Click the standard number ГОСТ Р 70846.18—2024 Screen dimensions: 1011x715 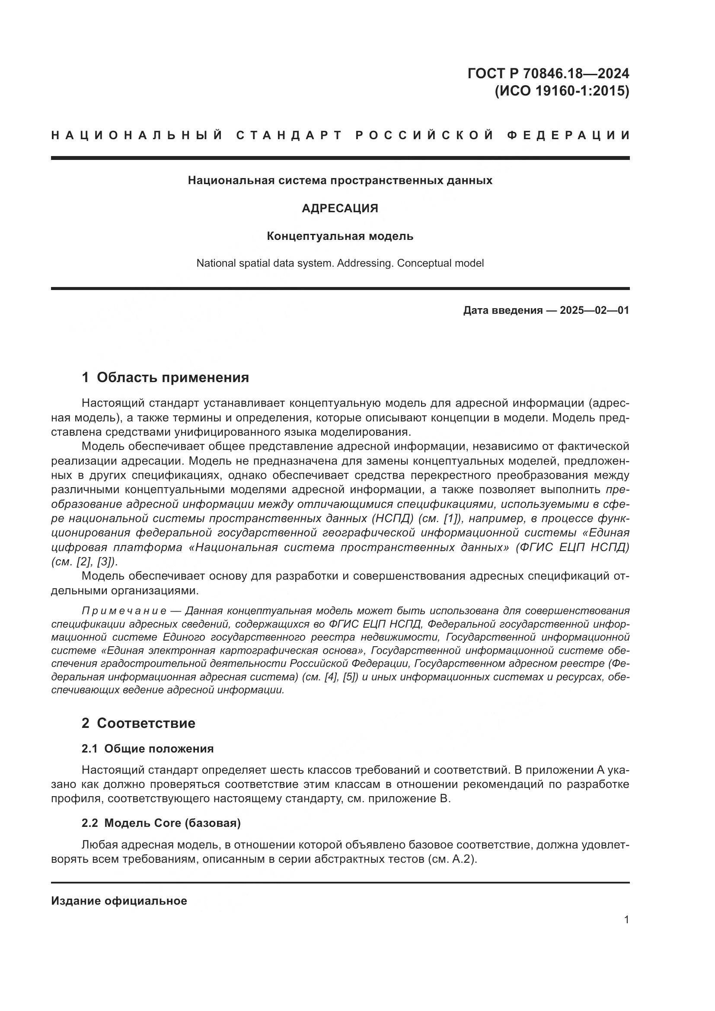tap(548, 73)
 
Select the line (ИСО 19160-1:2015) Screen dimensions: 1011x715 tap(562, 91)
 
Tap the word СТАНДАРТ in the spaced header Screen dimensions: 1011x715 tap(289, 135)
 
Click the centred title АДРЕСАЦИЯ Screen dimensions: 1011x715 tap(340, 208)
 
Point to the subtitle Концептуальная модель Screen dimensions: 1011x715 tap(340, 236)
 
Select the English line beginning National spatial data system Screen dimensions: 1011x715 tap(340, 263)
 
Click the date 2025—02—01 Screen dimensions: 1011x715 tap(594, 310)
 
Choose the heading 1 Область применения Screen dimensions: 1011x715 tap(165, 377)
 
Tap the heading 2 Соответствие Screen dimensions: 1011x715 tap(138, 723)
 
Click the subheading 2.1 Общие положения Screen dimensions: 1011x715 tap(147, 749)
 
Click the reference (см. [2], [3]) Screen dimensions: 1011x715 tap(84, 562)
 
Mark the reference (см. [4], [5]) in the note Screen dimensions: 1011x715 tap(331, 677)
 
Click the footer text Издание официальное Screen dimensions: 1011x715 tap(119, 901)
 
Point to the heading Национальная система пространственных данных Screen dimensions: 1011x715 tap(340, 181)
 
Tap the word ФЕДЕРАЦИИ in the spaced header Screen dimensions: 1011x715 tap(568, 135)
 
